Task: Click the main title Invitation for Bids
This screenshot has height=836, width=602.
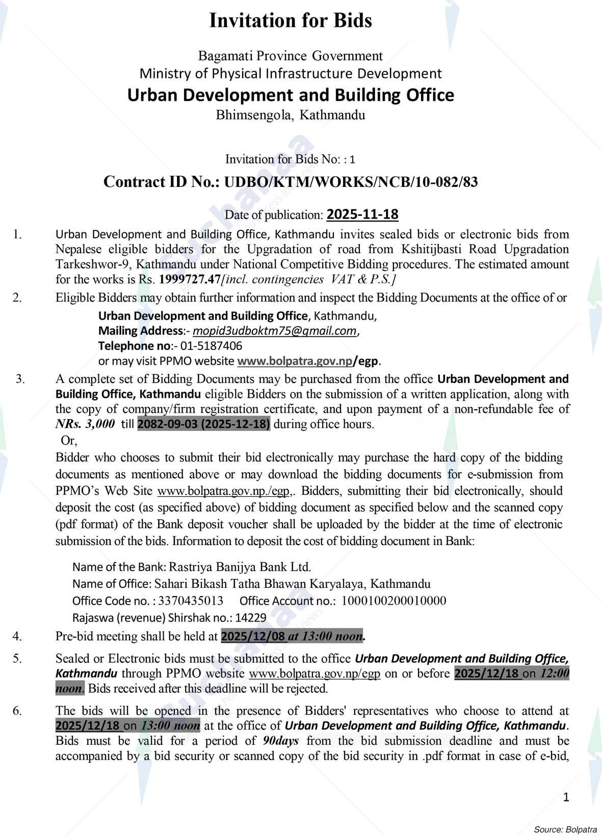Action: click(291, 20)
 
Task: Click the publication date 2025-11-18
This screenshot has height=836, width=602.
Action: click(362, 214)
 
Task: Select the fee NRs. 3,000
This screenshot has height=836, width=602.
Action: click(85, 424)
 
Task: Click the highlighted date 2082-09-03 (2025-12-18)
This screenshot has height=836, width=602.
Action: click(204, 424)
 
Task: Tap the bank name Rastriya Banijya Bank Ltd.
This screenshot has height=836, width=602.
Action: click(240, 567)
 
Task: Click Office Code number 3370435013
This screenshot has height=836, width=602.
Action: click(191, 601)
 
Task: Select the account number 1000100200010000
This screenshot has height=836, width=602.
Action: click(394, 601)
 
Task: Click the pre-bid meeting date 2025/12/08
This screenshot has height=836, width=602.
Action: click(253, 636)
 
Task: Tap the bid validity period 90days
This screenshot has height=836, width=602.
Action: click(281, 741)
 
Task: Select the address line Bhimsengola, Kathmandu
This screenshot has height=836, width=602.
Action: click(291, 115)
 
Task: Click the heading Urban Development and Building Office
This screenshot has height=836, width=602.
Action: click(291, 95)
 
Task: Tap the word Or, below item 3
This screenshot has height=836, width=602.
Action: click(68, 441)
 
